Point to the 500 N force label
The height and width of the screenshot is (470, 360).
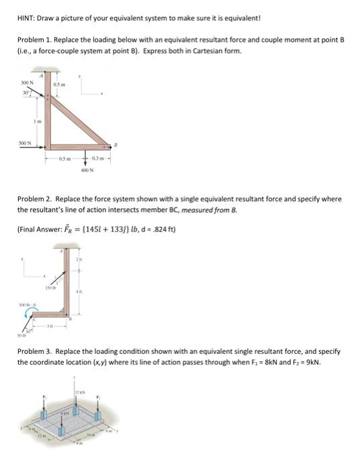pos(26,142)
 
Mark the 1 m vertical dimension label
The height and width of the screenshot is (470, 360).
pos(38,121)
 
